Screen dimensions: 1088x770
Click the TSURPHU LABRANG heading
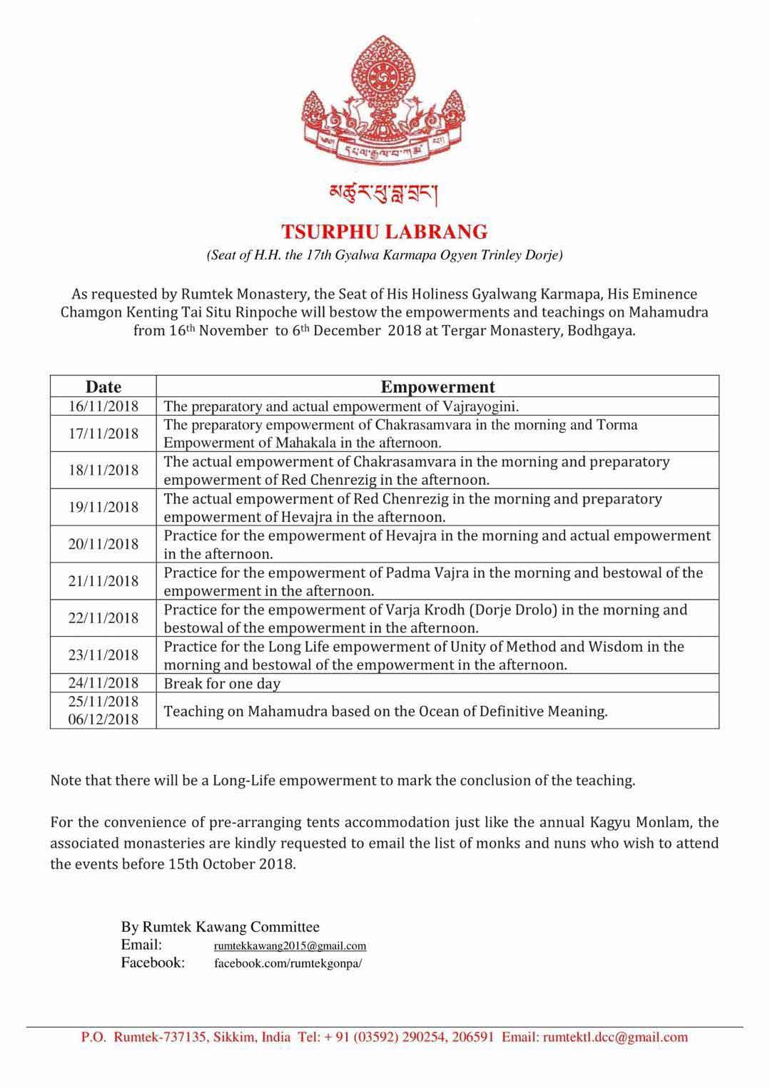pos(385,232)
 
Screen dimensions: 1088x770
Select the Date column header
pos(103,386)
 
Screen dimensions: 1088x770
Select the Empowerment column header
pos(437,386)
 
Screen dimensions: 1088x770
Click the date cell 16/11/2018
pos(103,406)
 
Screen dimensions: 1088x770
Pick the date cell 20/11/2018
pos(103,545)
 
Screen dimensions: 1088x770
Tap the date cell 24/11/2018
pos(103,683)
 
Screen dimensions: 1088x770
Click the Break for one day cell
pos(222,684)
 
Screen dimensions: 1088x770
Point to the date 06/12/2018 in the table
pos(103,719)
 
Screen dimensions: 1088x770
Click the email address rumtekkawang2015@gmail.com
pos(290,946)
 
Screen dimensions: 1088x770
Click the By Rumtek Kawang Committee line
pos(220,927)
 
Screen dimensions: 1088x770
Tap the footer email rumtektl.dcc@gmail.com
pos(615,1037)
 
